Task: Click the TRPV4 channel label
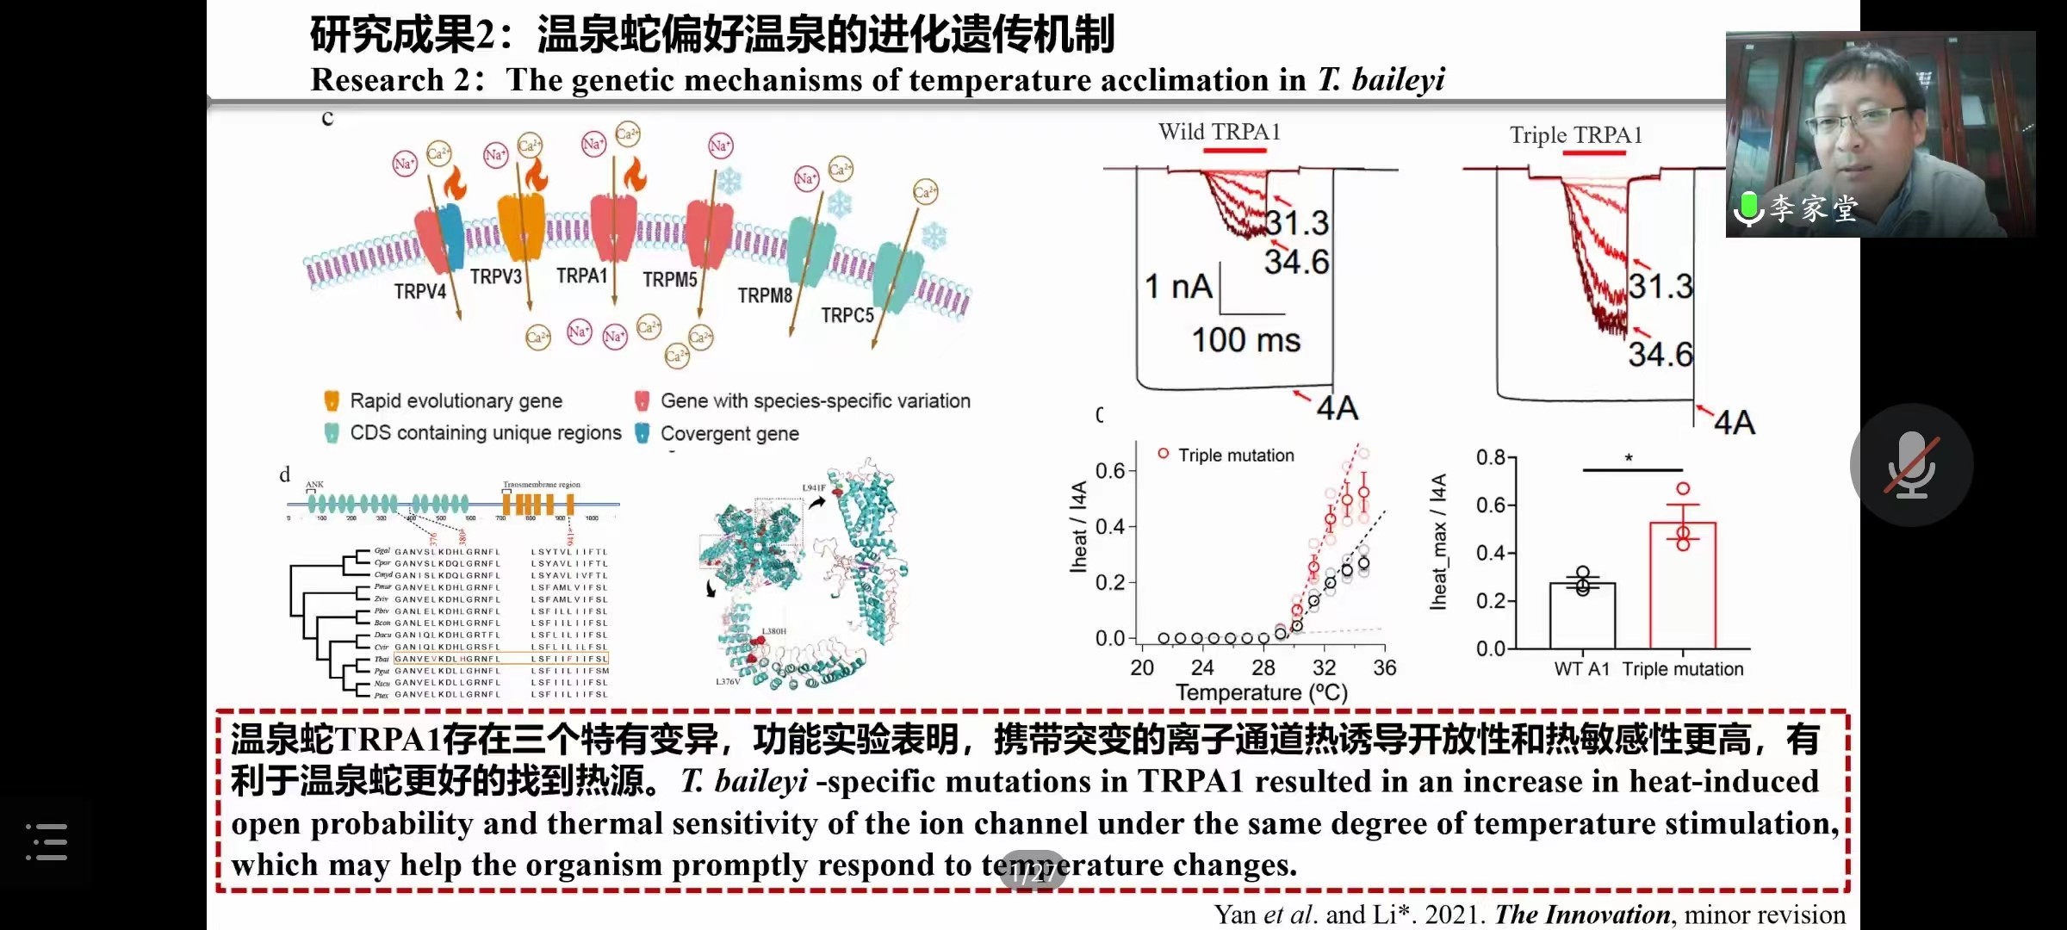[419, 292]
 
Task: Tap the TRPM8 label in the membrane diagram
[764, 295]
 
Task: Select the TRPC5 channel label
[847, 315]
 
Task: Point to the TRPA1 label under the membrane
[581, 276]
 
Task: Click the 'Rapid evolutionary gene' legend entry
[455, 401]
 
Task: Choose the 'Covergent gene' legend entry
[729, 433]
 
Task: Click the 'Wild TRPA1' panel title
[1219, 132]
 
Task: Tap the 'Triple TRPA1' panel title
[1575, 135]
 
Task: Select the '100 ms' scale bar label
[1245, 340]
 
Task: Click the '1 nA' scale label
[1177, 287]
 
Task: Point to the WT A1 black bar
[1582, 615]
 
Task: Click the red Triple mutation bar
[1682, 586]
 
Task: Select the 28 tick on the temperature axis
[1263, 667]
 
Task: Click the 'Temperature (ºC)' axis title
[1261, 692]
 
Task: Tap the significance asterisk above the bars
[1629, 458]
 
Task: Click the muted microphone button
[1911, 465]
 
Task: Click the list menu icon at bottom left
[47, 841]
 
